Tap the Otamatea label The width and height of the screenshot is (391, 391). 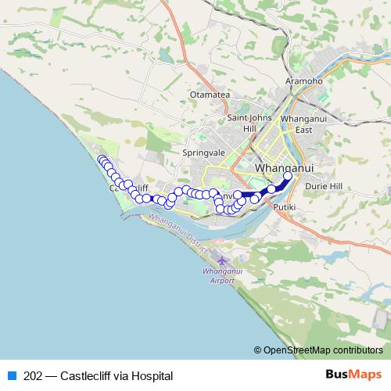208,95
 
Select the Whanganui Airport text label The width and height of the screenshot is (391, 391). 217,274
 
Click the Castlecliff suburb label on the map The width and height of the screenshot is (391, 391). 128,188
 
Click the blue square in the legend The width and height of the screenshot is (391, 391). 11,376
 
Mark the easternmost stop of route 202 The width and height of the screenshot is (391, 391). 287,177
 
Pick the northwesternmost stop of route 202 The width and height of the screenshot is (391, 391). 100,160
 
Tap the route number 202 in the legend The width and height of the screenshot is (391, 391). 34,376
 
